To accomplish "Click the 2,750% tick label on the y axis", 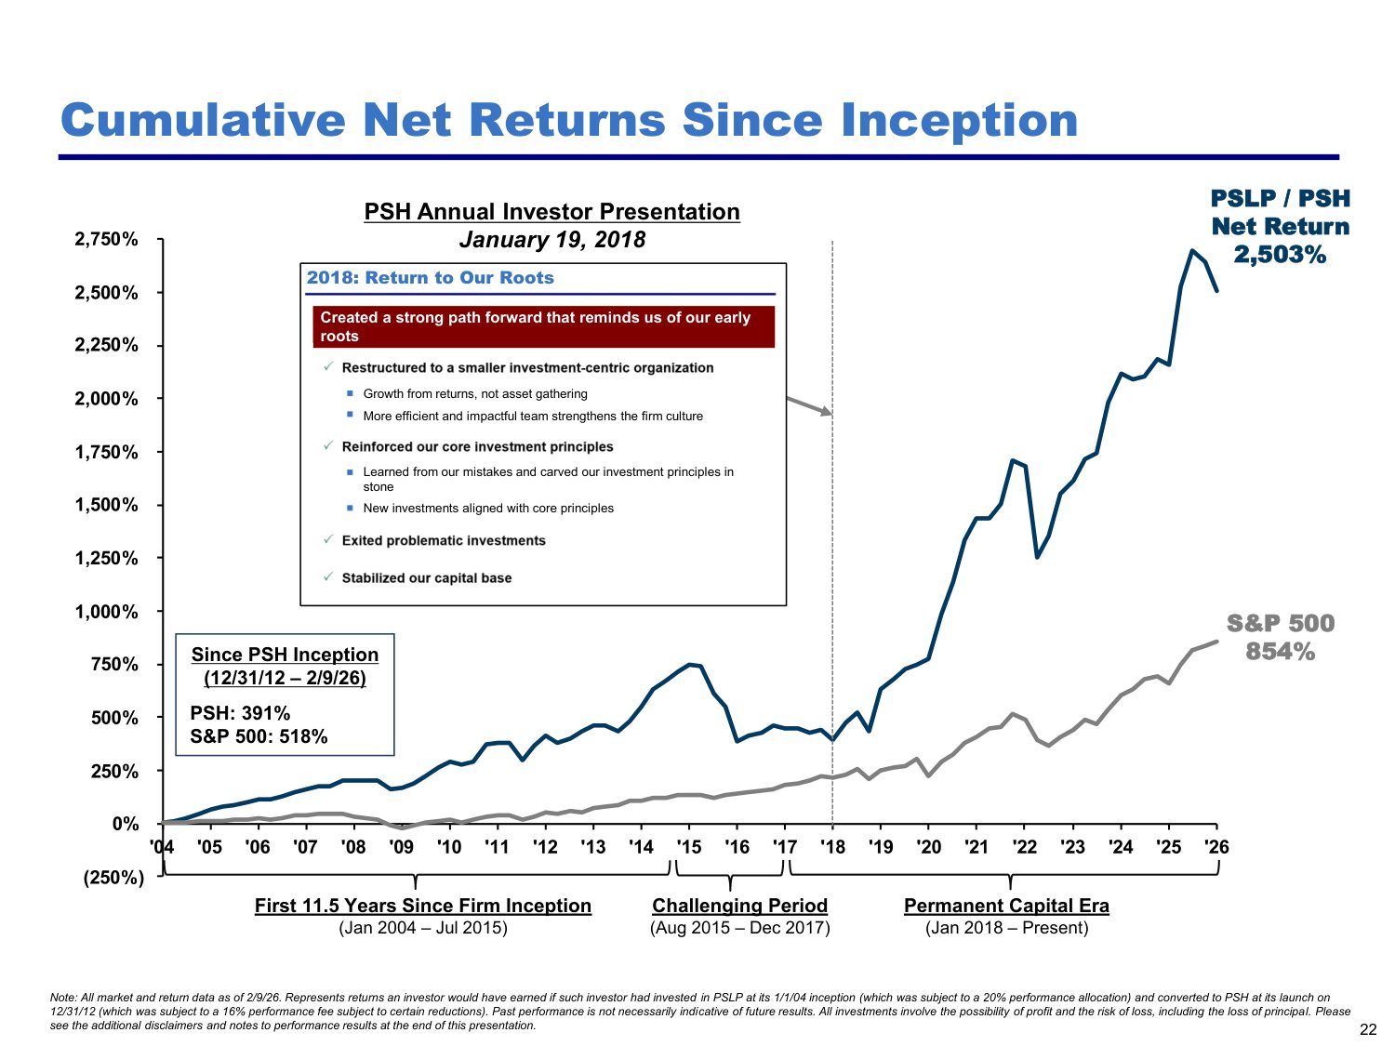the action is tap(106, 240).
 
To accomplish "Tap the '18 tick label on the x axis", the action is tap(832, 847).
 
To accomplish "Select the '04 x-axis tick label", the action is tap(162, 847).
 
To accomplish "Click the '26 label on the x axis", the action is tap(1216, 847).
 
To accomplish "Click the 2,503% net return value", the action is tap(1280, 255).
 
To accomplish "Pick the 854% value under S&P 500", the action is tap(1280, 652).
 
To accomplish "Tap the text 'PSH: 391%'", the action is tap(240, 712).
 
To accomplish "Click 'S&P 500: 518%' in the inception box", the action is tap(259, 736).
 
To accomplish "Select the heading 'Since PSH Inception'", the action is tap(285, 655).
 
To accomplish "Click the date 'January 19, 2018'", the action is tap(552, 240).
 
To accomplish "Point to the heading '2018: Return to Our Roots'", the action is tap(431, 277).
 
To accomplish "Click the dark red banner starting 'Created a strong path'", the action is tap(543, 326).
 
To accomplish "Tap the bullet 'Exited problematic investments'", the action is tap(444, 540).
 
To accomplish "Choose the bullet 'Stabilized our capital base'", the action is tap(427, 578).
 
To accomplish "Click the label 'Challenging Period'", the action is tap(739, 905).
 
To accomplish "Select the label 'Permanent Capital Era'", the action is tap(1006, 905).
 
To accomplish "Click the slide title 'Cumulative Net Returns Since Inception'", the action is tap(569, 120).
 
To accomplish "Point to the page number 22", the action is tap(1368, 1029).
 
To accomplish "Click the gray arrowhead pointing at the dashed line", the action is tap(826, 412).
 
